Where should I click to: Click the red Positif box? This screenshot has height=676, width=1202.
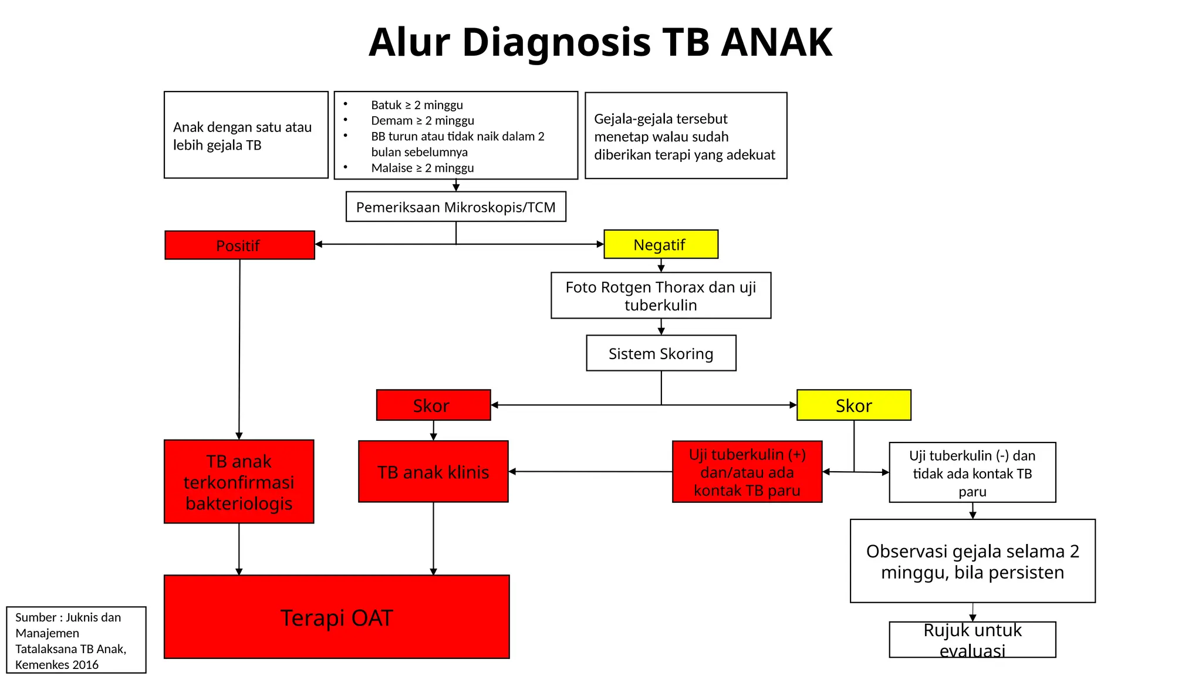click(239, 245)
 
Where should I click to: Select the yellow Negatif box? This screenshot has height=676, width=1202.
click(660, 244)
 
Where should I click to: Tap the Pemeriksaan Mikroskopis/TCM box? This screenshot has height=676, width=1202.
click(455, 207)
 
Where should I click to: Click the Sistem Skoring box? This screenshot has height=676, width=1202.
click(661, 353)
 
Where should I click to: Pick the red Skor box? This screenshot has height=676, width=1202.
click(433, 405)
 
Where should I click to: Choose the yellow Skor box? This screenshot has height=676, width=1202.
click(853, 405)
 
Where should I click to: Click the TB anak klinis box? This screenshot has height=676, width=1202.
click(433, 472)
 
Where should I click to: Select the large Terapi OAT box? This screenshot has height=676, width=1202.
click(336, 617)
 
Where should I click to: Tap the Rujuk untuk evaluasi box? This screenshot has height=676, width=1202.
click(972, 640)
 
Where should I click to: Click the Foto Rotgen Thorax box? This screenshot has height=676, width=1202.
click(660, 295)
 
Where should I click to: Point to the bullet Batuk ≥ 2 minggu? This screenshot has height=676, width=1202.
click(417, 105)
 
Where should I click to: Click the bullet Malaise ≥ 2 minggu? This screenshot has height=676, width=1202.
click(422, 168)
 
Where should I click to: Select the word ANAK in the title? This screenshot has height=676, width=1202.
click(776, 42)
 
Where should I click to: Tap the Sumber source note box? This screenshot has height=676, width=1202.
click(76, 640)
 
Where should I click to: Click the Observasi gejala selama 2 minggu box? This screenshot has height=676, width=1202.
click(972, 561)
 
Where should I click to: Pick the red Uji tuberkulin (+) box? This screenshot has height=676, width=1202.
click(747, 472)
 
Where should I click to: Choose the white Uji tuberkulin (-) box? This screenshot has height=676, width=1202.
click(972, 472)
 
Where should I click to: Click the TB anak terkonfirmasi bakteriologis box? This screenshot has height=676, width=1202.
click(239, 481)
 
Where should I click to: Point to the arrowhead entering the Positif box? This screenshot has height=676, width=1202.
click(319, 244)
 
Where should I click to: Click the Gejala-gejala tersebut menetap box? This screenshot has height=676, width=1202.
click(686, 136)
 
